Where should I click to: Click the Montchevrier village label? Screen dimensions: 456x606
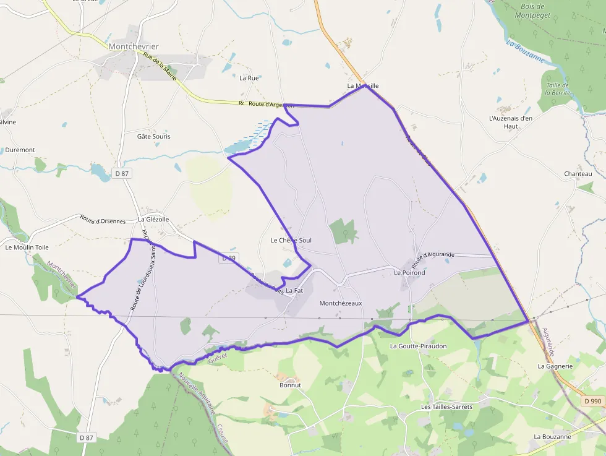[x=133, y=46]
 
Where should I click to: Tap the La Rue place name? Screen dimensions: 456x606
[x=249, y=78]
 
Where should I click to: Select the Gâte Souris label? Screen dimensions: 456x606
[x=153, y=136]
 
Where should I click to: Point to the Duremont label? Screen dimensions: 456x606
[x=20, y=150]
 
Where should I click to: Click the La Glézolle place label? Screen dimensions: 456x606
[x=153, y=219]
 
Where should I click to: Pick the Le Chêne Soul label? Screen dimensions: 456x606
[x=291, y=240]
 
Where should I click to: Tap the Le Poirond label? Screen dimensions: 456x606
[x=409, y=272]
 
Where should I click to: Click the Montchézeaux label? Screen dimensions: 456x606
[x=341, y=303]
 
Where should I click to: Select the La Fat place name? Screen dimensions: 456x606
[x=294, y=290]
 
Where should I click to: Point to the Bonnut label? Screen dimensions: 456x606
[x=290, y=385]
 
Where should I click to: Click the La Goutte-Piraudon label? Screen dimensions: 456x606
[x=418, y=346]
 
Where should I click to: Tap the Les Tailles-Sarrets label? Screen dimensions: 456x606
[x=446, y=407]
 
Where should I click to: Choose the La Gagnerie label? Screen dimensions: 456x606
[x=555, y=366]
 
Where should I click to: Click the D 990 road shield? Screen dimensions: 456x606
[x=592, y=401]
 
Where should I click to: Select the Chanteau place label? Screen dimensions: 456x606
[x=578, y=174]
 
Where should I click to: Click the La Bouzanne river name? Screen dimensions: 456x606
[x=526, y=52]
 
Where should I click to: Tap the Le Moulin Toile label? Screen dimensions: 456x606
[x=27, y=247]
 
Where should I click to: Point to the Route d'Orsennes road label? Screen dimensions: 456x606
[x=103, y=220]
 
